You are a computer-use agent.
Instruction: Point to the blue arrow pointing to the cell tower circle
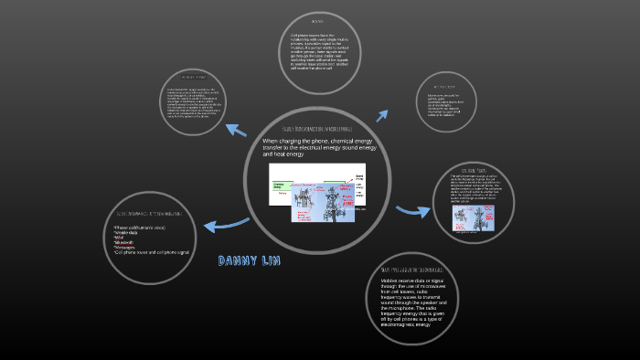coord(413,210)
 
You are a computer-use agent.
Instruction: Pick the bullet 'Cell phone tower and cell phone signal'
coord(155,251)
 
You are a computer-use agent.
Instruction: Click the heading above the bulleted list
coord(146,213)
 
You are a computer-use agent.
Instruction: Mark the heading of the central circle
coord(317,131)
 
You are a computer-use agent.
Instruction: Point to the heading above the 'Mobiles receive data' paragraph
coord(413,271)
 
